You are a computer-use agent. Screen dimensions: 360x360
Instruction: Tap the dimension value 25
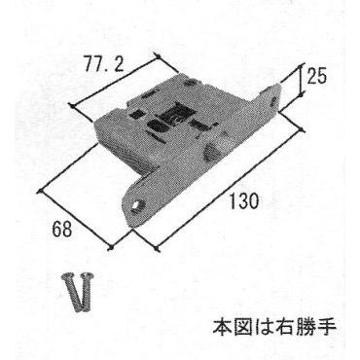pyautogui.click(x=316, y=77)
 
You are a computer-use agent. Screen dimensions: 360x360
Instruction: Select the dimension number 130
pyautogui.click(x=244, y=201)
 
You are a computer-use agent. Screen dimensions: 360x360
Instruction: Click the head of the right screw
pyautogui.click(x=89, y=278)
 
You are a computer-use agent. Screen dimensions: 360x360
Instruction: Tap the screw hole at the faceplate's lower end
pyautogui.click(x=137, y=205)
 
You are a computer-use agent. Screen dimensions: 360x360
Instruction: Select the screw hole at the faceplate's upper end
pyautogui.click(x=273, y=100)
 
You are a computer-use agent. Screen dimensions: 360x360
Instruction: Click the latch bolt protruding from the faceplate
pyautogui.click(x=211, y=152)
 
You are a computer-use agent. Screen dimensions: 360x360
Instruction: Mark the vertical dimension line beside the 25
pyautogui.click(x=302, y=80)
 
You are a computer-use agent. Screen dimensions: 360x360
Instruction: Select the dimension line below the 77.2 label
pyautogui.click(x=115, y=81)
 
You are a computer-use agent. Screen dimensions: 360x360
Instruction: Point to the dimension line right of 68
pyautogui.click(x=74, y=220)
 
